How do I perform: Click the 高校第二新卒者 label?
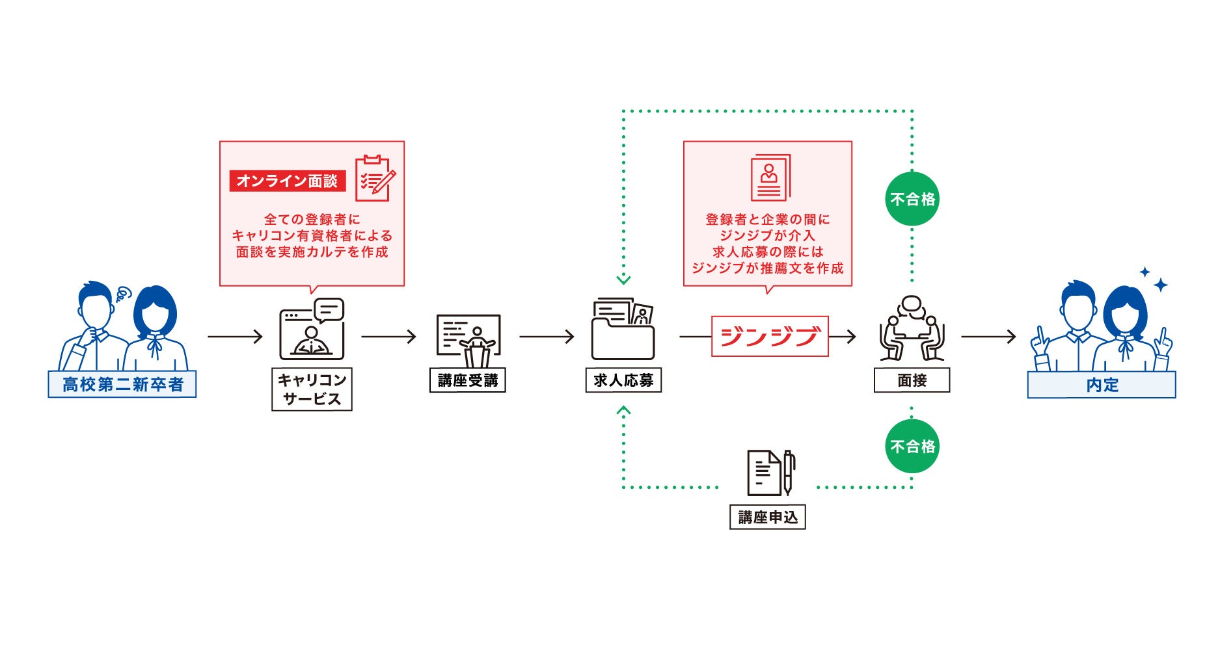(122, 384)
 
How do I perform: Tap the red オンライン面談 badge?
(287, 181)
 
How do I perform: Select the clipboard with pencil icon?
(375, 178)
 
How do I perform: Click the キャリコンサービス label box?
(312, 389)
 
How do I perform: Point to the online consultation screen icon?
(312, 330)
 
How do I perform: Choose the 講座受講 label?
(467, 380)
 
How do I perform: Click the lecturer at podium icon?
(469, 339)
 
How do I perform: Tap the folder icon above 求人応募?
(623, 330)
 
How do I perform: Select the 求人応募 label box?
(623, 380)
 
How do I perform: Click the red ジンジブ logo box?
(770, 336)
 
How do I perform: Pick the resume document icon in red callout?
(770, 177)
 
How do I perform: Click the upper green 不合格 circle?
(912, 199)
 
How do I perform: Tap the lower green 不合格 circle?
(912, 446)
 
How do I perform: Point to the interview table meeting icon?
(912, 329)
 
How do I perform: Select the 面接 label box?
(912, 380)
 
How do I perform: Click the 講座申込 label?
(767, 517)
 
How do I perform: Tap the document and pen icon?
(771, 473)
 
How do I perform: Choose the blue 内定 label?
(1101, 385)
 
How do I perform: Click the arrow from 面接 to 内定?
(988, 337)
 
